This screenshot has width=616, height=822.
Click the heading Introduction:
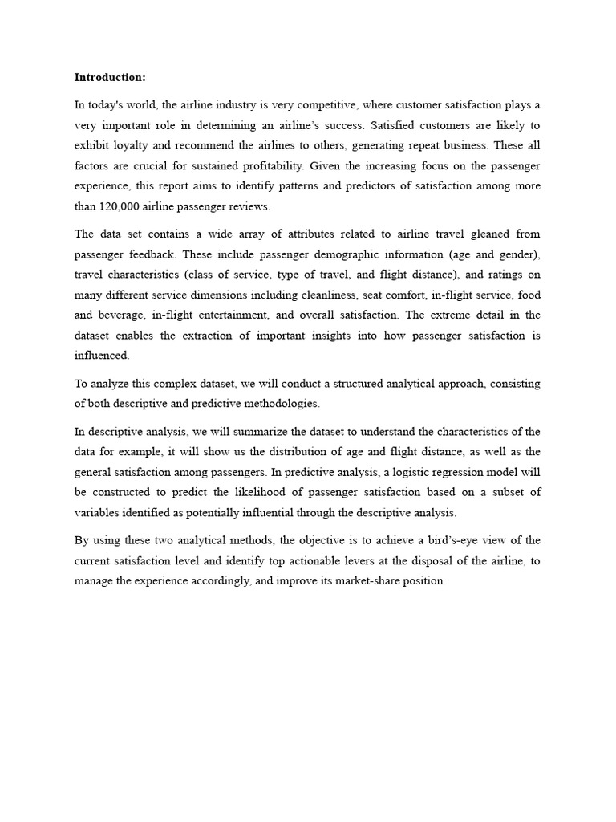click(111, 77)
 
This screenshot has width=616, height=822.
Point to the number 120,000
click(120, 206)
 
